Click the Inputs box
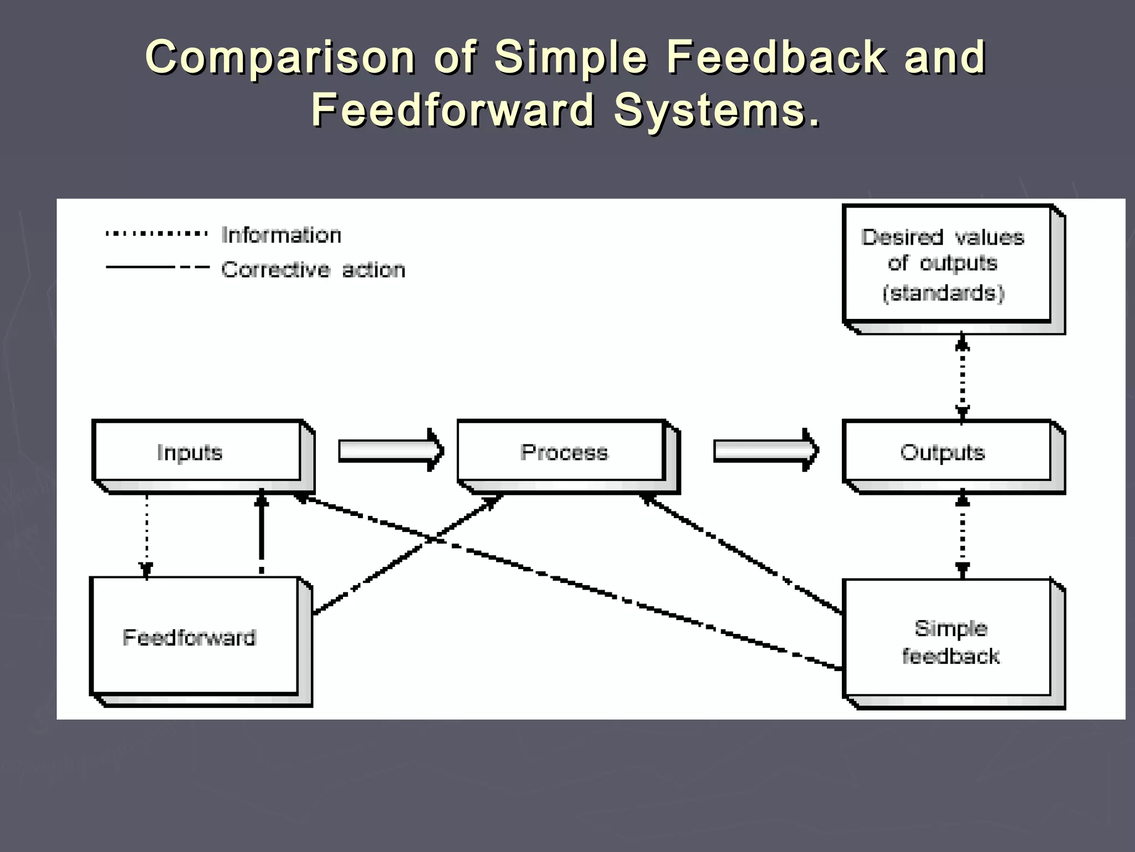(197, 451)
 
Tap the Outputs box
(947, 451)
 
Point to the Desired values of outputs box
(947, 263)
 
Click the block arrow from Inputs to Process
(390, 450)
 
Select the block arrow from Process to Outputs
(765, 450)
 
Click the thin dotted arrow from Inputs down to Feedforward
(146, 532)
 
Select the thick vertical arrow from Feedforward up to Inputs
(262, 532)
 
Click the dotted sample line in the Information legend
(157, 234)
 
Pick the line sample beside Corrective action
(157, 267)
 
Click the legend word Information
(281, 235)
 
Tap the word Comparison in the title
(280, 58)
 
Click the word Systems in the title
(717, 110)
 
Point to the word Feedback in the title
(775, 58)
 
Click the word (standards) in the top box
(943, 292)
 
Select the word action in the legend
(374, 270)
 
